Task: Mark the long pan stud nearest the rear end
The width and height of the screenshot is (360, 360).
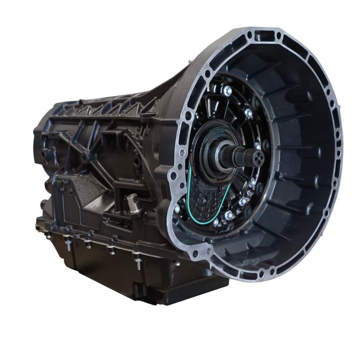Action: pos(67,245)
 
